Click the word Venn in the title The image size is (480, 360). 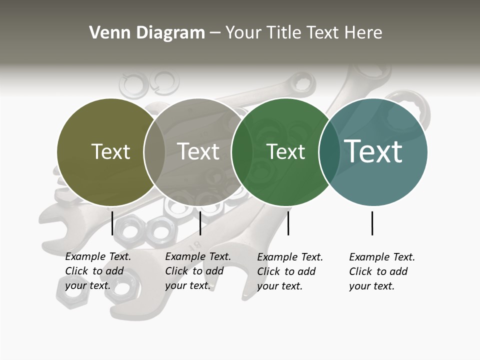point(105,33)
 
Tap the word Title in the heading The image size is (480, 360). point(284,33)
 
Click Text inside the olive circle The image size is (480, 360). point(110,151)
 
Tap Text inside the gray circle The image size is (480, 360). point(198,151)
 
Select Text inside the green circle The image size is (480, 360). point(285,151)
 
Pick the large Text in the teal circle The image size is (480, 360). point(373,151)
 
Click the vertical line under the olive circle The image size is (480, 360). point(112,223)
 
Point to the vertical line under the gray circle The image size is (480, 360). point(200,223)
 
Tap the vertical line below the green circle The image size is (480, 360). point(288,223)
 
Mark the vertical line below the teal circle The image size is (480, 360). point(372,223)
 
